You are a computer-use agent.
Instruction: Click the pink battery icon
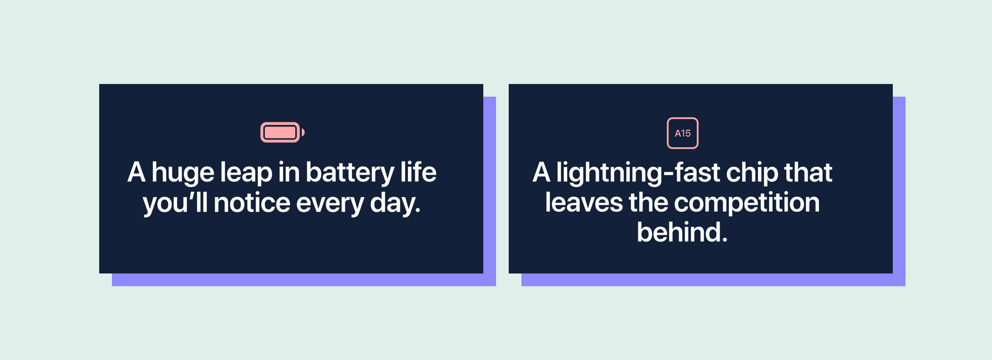point(282,132)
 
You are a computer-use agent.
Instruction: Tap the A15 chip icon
point(683,133)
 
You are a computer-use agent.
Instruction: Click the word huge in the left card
point(183,173)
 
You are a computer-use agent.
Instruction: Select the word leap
point(246,173)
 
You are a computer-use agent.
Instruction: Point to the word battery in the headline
point(350,173)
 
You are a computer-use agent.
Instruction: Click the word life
point(418,172)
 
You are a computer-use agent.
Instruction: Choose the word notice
point(252,202)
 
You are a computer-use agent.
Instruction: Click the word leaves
point(584,202)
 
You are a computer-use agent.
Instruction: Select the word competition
point(747,203)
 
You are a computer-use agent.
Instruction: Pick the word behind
point(682,232)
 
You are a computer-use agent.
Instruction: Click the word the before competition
point(648,202)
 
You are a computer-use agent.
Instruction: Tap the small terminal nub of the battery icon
point(303,132)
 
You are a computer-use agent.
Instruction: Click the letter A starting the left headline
point(137,172)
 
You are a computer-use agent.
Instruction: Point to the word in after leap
point(289,172)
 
